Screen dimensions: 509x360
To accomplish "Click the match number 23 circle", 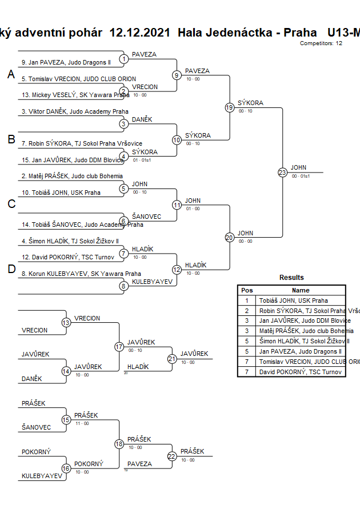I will click(x=282, y=173).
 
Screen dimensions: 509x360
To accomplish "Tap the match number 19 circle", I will click(x=230, y=107).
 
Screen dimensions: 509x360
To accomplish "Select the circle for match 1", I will click(x=123, y=59).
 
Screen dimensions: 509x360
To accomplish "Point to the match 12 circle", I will click(x=177, y=270).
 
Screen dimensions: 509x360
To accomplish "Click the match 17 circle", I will click(x=119, y=347).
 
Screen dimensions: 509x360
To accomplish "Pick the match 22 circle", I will click(x=172, y=456).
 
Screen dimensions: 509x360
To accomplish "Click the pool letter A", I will click(x=10, y=75).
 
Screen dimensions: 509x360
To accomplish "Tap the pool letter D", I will click(x=11, y=270).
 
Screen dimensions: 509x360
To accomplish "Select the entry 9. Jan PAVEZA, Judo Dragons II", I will click(x=66, y=62).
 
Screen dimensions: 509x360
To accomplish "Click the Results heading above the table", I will click(x=291, y=278).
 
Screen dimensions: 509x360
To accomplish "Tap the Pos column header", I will click(x=247, y=290).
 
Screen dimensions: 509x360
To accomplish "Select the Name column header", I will click(x=301, y=290).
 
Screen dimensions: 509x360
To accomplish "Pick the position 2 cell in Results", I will click(x=247, y=311).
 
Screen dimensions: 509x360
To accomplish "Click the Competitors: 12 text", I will click(x=321, y=43).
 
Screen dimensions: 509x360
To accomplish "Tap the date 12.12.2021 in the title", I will click(x=140, y=32).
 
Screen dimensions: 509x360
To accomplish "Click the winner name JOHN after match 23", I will click(x=298, y=167).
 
